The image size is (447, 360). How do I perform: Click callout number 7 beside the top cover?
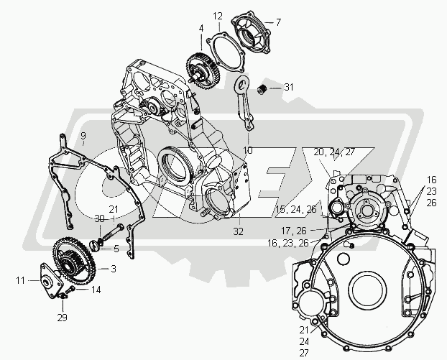tap(278, 22)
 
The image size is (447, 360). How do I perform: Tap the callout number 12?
tap(218, 17)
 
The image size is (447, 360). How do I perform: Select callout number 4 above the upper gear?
tap(201, 29)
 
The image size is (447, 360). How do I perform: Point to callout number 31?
tap(289, 87)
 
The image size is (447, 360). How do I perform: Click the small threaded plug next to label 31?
tap(262, 89)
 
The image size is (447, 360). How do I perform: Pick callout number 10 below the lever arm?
tap(248, 150)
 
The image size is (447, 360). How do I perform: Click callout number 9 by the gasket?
tap(83, 136)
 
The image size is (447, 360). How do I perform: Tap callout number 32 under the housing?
tap(239, 231)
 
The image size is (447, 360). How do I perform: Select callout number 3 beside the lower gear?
tap(114, 269)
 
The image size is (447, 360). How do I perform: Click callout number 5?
tap(116, 249)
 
